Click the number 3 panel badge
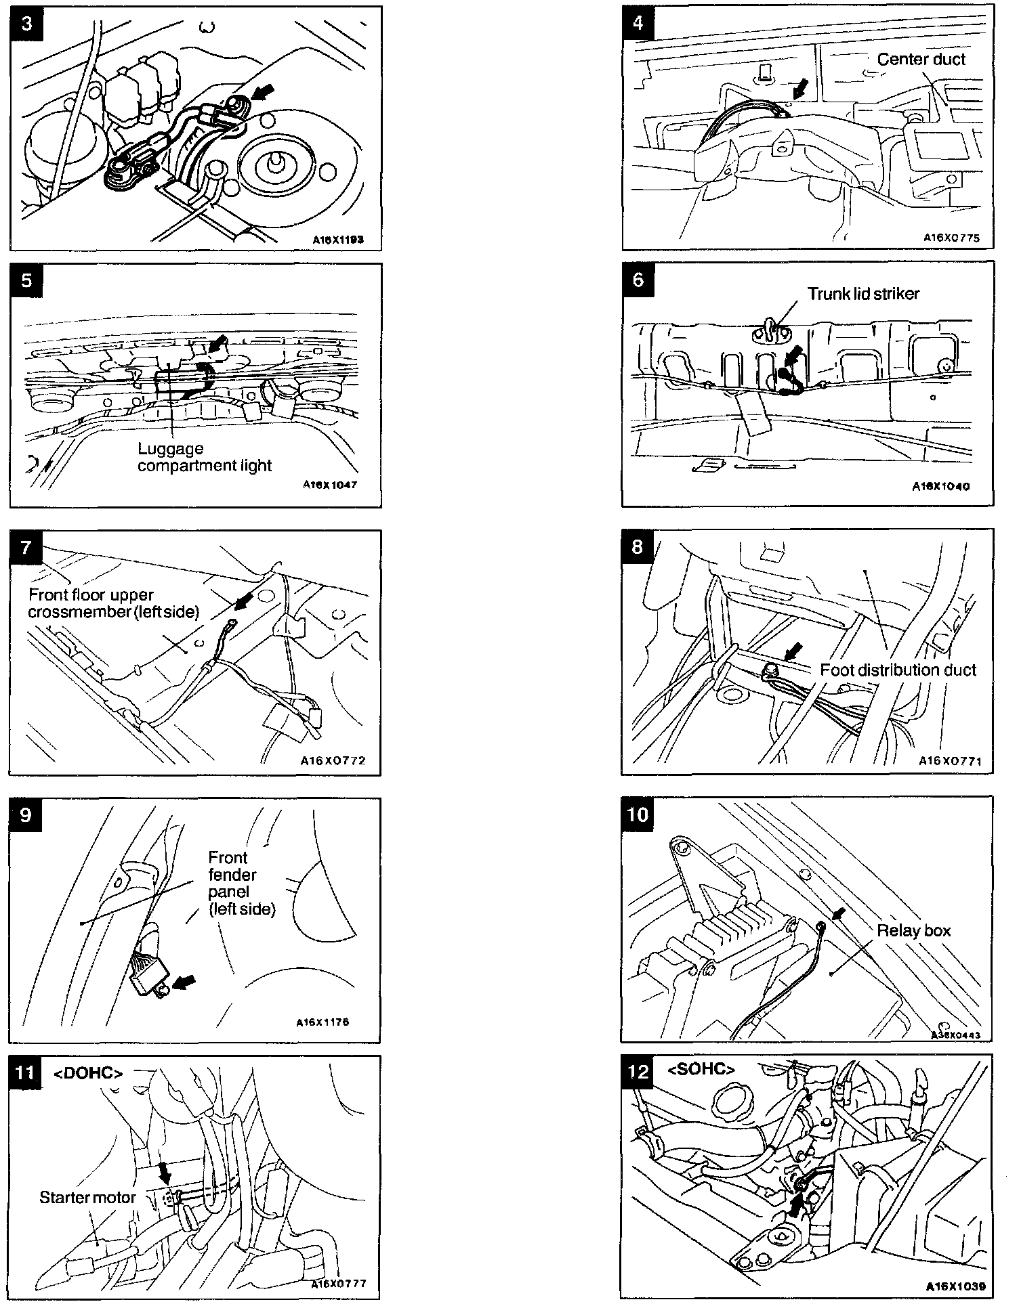[x=26, y=24]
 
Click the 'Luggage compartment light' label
[x=204, y=457]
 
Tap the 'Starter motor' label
[x=88, y=1197]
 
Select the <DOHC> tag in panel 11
[x=88, y=1073]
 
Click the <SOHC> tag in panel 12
[x=701, y=1070]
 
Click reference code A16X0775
[x=951, y=238]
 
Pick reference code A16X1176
[x=323, y=1022]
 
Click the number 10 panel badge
[x=638, y=814]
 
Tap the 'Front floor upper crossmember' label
[x=114, y=603]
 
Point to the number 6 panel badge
[x=638, y=279]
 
